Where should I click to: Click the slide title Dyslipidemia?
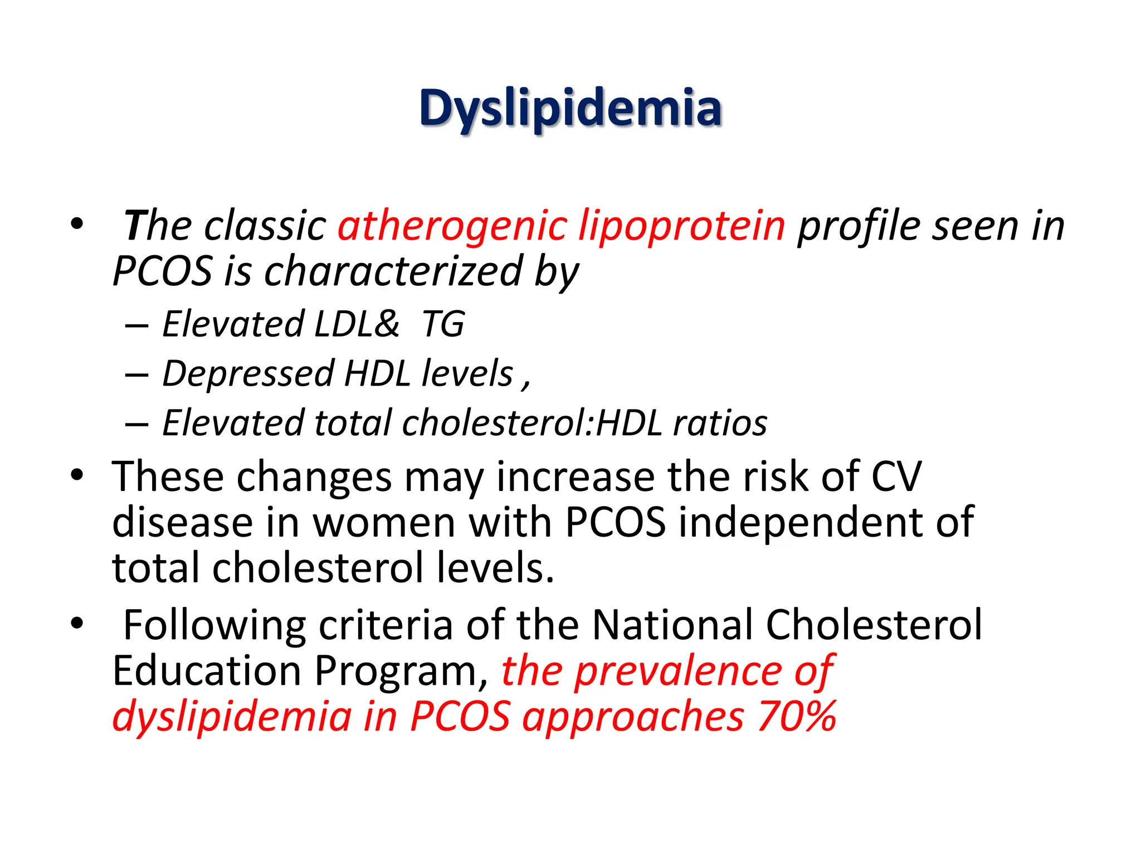(570, 109)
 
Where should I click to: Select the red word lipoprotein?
(681, 226)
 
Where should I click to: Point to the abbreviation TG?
(443, 324)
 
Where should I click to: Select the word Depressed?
(248, 373)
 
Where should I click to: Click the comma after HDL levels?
(526, 385)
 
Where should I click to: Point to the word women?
(384, 523)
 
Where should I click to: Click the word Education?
(206, 670)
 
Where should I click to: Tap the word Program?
(401, 672)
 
